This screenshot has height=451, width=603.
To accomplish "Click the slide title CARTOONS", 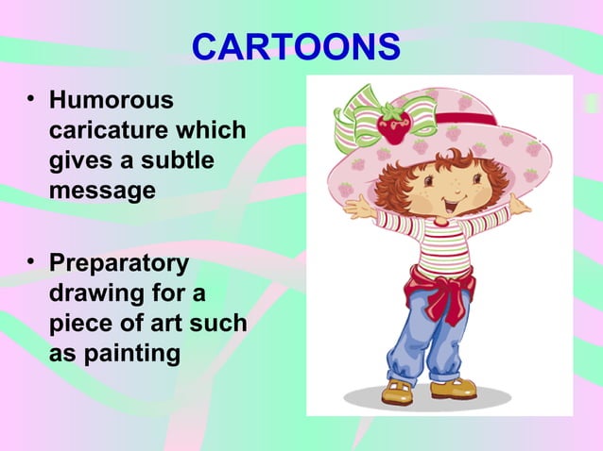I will pos(296,47).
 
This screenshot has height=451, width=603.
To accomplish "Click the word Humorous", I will pos(111,99).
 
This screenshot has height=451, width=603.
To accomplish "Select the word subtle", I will pos(180,160).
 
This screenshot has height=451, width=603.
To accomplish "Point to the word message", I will pos(102,192).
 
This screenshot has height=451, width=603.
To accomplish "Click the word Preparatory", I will pos(118,262).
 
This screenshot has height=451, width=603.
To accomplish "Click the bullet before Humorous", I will pos(33,98).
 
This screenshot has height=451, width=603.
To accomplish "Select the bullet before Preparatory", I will pos(33,261).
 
